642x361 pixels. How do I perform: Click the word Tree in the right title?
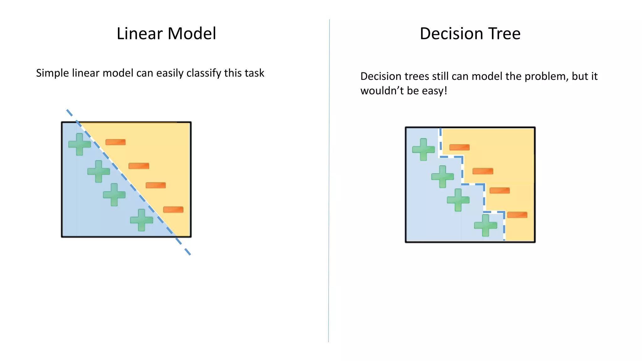(x=504, y=34)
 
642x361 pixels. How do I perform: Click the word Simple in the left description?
(x=52, y=73)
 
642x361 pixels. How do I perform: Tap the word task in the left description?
(x=255, y=73)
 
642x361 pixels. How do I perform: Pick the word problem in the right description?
(x=546, y=76)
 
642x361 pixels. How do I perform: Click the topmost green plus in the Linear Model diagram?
(x=80, y=144)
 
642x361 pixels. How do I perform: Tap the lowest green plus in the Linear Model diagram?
(x=142, y=220)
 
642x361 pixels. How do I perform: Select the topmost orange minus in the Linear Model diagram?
(x=115, y=142)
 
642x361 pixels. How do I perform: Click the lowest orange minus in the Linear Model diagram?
(x=173, y=210)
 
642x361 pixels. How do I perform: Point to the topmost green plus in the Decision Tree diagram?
(x=424, y=149)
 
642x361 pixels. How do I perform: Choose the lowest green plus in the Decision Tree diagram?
(x=486, y=225)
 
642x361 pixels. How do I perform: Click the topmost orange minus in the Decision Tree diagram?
(x=460, y=147)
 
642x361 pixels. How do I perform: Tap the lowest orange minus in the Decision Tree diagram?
(x=517, y=215)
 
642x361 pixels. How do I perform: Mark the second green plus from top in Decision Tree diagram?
(x=443, y=176)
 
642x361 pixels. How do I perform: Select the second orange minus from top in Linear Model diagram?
(x=139, y=166)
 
